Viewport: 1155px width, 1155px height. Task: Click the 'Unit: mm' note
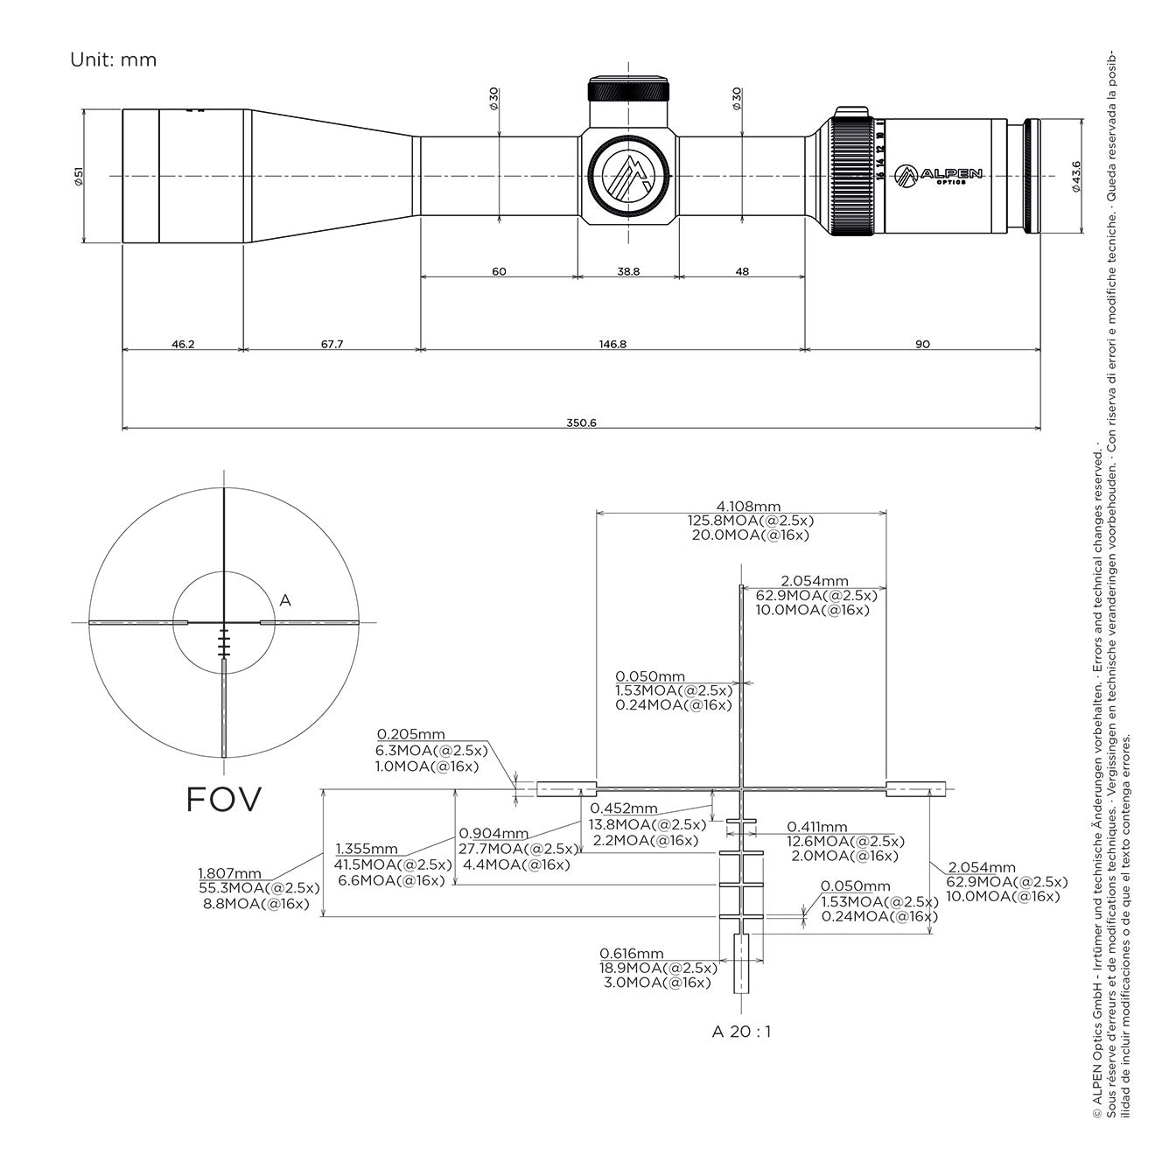(113, 59)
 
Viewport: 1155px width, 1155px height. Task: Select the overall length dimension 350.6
(581, 423)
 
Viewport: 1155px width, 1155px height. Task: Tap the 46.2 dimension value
(183, 344)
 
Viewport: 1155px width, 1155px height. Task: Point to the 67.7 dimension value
(332, 344)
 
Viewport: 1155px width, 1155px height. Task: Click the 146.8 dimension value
(612, 344)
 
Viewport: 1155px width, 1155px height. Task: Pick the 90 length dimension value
(922, 344)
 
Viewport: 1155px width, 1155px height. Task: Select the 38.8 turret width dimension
(628, 271)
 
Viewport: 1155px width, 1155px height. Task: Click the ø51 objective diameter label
(79, 177)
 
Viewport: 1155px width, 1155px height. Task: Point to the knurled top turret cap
(628, 90)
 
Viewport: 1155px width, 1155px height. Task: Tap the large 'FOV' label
(224, 799)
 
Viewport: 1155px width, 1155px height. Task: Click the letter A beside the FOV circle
(284, 600)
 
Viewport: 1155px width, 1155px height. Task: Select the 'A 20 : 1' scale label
(741, 1031)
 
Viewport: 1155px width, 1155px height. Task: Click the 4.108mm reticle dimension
(748, 507)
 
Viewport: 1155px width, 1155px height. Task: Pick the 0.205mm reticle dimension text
(411, 734)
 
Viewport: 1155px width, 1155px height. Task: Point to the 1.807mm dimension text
(229, 872)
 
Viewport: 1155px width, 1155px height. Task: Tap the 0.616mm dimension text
(632, 953)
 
